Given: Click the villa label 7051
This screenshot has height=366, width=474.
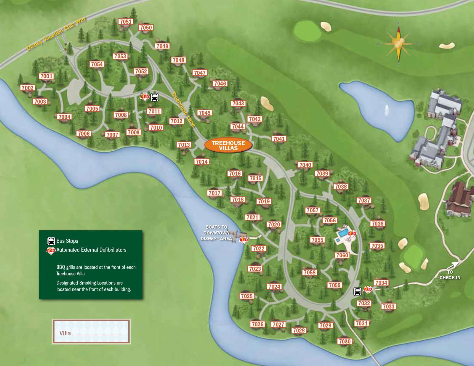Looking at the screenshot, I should tap(126, 22).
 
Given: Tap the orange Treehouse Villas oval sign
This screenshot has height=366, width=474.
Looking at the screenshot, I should tap(228, 145).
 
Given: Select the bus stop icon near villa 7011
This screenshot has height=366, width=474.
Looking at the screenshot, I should tap(155, 97).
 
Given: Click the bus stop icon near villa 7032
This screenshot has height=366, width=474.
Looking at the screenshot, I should tap(358, 291).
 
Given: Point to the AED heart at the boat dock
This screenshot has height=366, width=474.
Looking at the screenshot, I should tap(244, 240).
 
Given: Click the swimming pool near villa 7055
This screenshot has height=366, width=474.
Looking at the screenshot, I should tap(342, 233).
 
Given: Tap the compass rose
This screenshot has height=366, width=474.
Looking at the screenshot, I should tap(398, 44).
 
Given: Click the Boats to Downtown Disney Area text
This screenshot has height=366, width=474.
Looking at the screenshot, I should tap(216, 233).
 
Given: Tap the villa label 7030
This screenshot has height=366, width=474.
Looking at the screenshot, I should tap(345, 341).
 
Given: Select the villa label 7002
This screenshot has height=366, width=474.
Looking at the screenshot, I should tap(28, 88).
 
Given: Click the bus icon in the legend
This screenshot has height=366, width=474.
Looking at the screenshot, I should tap(51, 241).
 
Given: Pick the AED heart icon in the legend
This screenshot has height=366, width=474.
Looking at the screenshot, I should tap(51, 251).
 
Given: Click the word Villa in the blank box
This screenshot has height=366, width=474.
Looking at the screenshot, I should tap(65, 333).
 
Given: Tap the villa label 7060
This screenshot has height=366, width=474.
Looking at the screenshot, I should tap(342, 255).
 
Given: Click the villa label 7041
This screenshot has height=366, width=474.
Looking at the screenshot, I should tap(279, 139).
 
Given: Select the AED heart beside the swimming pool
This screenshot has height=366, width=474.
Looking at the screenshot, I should tap(352, 234).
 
